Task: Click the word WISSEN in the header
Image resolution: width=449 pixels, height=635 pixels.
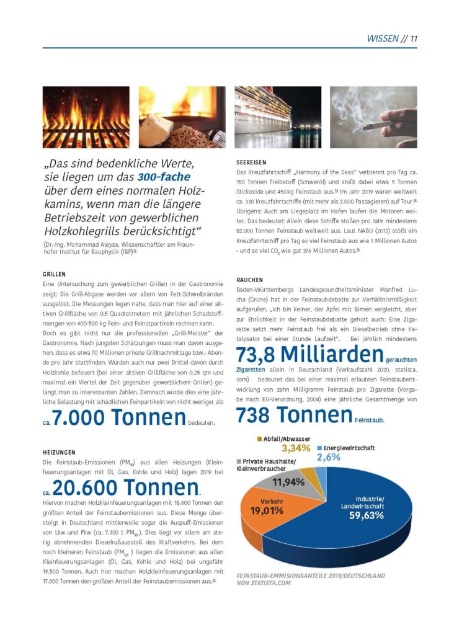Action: tap(383, 38)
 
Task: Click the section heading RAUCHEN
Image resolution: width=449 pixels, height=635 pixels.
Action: tap(249, 280)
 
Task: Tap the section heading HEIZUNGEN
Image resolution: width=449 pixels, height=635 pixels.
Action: tap(60, 453)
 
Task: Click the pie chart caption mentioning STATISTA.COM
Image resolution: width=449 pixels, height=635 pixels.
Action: tap(310, 579)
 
